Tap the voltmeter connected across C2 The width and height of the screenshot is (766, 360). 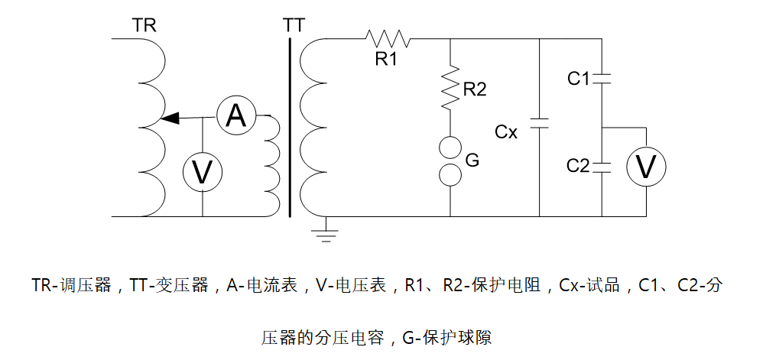point(647,167)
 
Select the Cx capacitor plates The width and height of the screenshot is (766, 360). point(540,123)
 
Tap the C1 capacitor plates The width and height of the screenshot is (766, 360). point(602,77)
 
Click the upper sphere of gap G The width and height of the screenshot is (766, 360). point(450,147)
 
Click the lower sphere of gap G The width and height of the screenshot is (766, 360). point(450,174)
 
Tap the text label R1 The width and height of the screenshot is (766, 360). point(386,58)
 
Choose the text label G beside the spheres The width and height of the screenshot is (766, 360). point(472,161)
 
